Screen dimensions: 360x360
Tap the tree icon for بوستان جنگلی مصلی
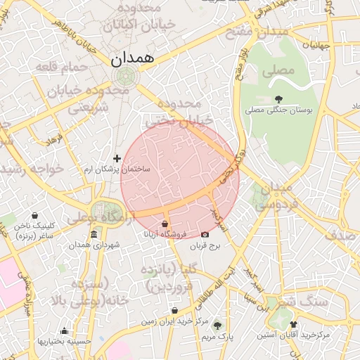(x=279, y=99)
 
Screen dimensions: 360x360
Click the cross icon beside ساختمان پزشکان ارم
(x=117, y=159)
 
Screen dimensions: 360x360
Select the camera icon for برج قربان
(x=205, y=234)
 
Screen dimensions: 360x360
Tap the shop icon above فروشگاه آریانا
(x=165, y=224)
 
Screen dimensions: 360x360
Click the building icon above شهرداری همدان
(x=94, y=234)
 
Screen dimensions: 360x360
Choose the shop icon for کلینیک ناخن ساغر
(x=36, y=215)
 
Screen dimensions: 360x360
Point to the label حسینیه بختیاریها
(x=65, y=341)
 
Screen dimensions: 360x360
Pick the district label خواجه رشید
(x=32, y=169)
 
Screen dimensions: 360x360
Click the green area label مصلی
(x=276, y=72)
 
